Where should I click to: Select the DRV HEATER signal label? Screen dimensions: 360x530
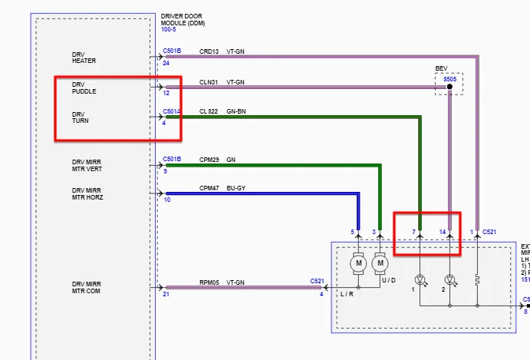point(84,58)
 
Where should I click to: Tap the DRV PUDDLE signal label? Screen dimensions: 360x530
point(84,88)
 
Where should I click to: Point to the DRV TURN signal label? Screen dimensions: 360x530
point(81,117)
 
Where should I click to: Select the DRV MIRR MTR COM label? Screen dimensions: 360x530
point(87,287)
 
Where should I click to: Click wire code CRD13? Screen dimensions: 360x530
point(209,51)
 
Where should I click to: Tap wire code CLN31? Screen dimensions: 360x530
point(209,81)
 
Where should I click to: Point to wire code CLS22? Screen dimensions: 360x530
point(209,111)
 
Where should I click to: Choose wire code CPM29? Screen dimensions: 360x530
point(209,159)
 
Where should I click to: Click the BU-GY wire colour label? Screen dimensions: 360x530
point(235,187)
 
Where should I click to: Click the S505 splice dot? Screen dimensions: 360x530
point(449,87)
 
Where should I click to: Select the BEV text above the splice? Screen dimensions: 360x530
point(441,68)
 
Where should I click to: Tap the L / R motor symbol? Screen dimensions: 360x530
point(357,265)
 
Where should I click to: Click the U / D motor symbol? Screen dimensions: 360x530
point(380,265)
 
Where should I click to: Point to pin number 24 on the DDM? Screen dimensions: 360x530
point(166,63)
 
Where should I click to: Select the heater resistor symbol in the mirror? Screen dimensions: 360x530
point(477,280)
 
